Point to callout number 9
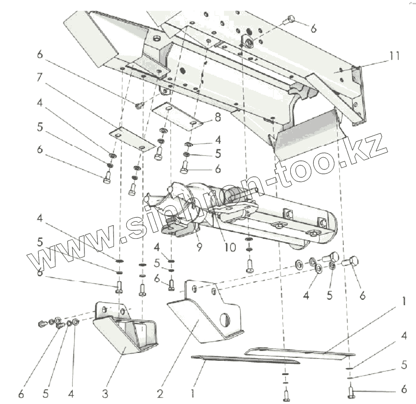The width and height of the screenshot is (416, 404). (x=199, y=247)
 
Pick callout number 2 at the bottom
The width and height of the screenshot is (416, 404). (x=160, y=393)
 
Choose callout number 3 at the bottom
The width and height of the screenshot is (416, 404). (x=104, y=393)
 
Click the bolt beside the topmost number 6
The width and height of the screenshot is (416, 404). (x=290, y=20)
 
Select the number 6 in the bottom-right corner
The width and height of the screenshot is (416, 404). (x=404, y=389)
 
